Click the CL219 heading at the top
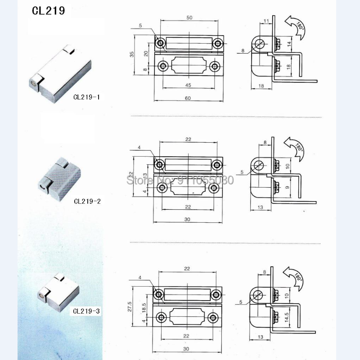click(48, 11)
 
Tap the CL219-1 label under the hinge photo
click(87, 96)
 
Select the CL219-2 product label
click(87, 201)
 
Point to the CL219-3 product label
click(87, 310)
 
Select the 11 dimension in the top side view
click(266, 21)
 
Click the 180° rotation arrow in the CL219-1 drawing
click(295, 26)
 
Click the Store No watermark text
click(180, 180)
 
